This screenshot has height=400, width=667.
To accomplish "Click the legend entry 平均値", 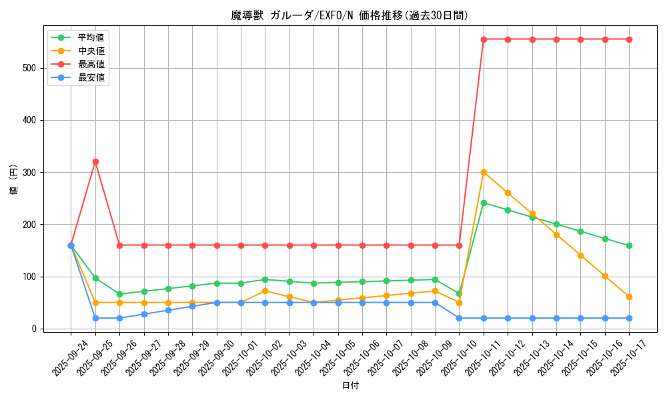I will [x=91, y=38].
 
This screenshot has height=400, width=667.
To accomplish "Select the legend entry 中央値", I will [x=91, y=51].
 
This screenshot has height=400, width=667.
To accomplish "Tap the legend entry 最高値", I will [x=91, y=65].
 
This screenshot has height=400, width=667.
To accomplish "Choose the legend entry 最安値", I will [x=91, y=78].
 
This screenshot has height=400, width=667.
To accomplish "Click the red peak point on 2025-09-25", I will [x=95, y=161].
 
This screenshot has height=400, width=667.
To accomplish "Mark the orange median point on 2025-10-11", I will [x=484, y=172].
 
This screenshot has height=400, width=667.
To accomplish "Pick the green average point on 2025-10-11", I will [x=484, y=203].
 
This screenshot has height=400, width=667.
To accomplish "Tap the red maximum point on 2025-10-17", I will [x=629, y=39].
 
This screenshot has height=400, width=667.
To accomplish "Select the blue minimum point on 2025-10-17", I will [x=629, y=318].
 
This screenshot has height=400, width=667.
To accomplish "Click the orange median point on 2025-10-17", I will [x=629, y=297].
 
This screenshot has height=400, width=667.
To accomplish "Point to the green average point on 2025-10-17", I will [x=629, y=246].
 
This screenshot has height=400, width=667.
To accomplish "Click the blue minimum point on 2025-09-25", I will [x=95, y=318].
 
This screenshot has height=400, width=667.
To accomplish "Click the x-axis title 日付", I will [x=350, y=386].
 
